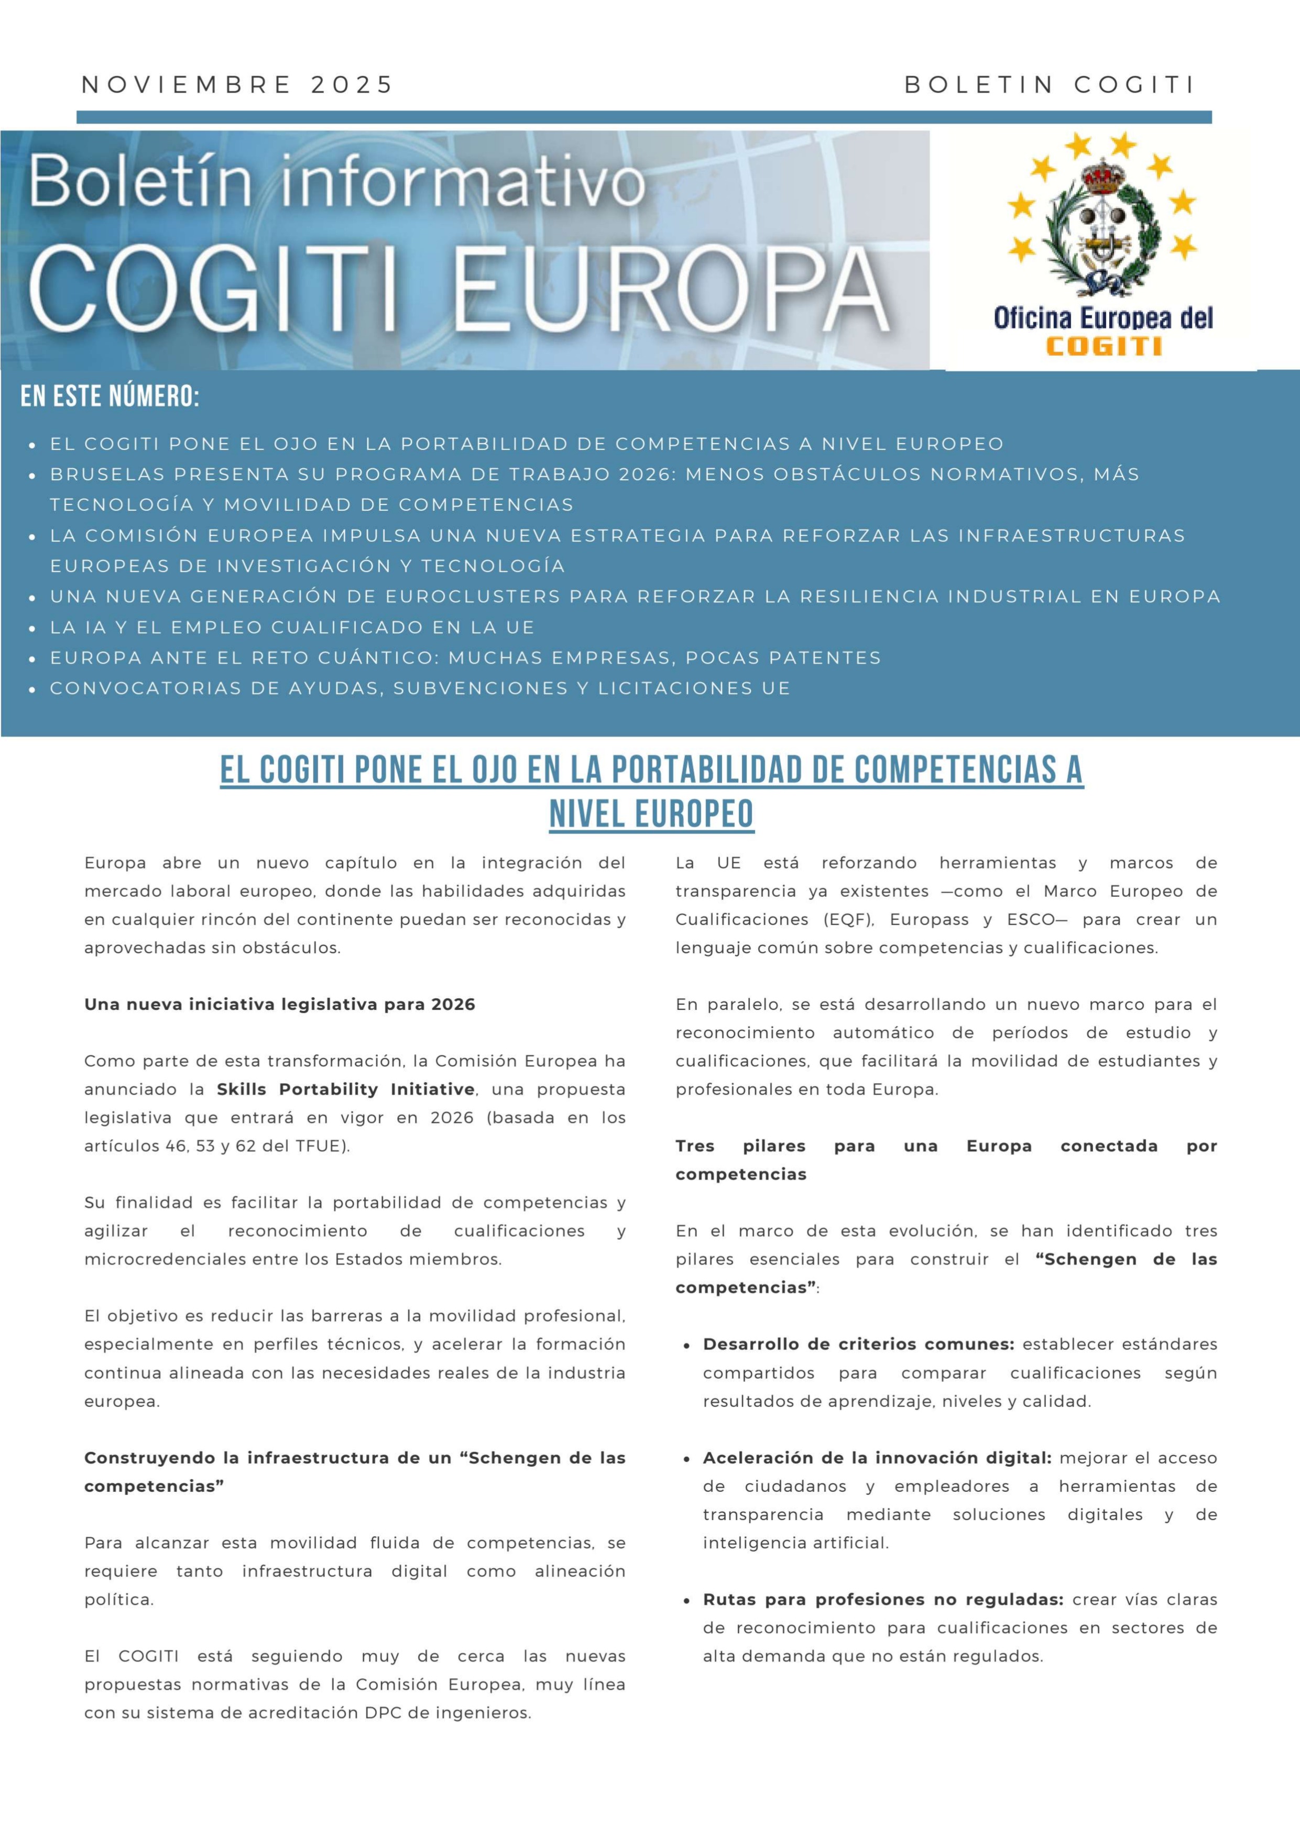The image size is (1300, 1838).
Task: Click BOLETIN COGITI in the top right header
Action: click(x=1050, y=85)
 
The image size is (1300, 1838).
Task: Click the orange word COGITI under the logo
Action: click(x=1104, y=347)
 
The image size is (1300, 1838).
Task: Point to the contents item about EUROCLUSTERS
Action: click(x=635, y=597)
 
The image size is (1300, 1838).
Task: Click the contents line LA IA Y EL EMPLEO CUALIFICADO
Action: click(x=292, y=627)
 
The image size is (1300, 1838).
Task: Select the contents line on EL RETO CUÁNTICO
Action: click(x=465, y=657)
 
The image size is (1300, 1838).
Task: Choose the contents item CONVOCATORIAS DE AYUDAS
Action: click(x=420, y=688)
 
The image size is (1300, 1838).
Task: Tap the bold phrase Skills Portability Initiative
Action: click(x=346, y=1089)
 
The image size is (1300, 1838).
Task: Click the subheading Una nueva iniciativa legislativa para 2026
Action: click(x=279, y=1004)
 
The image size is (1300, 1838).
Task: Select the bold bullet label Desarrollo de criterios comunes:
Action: click(x=858, y=1344)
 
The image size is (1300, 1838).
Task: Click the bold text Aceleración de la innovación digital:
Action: click(x=877, y=1458)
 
